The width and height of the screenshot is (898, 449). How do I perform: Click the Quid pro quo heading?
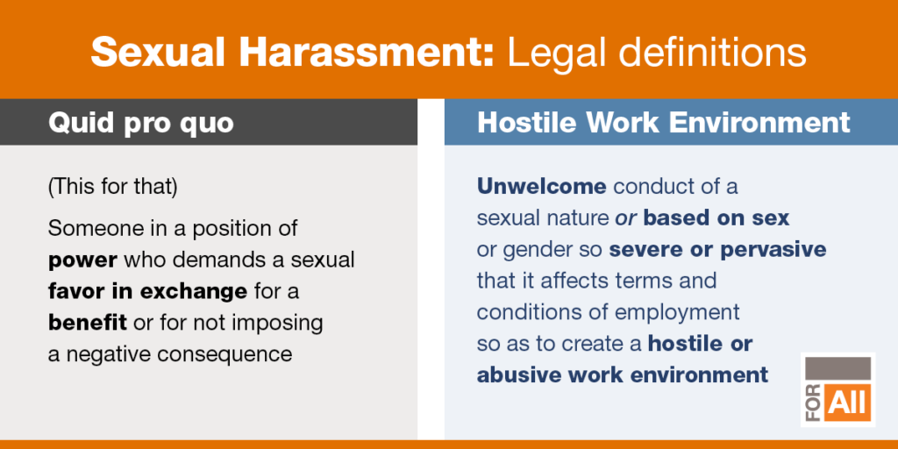141,124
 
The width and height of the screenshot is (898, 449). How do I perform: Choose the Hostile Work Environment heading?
663,123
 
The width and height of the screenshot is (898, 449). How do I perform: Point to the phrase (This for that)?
113,188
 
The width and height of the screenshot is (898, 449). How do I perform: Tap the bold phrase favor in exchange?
147,291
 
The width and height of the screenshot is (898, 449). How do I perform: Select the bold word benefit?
87,323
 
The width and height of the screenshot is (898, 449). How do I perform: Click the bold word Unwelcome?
541,186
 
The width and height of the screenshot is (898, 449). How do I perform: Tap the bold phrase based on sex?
716,217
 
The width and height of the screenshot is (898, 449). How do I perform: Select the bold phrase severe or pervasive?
717,250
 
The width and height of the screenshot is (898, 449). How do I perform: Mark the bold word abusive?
519,375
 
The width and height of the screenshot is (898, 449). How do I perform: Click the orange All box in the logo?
849,403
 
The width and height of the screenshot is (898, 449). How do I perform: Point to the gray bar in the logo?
837,368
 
